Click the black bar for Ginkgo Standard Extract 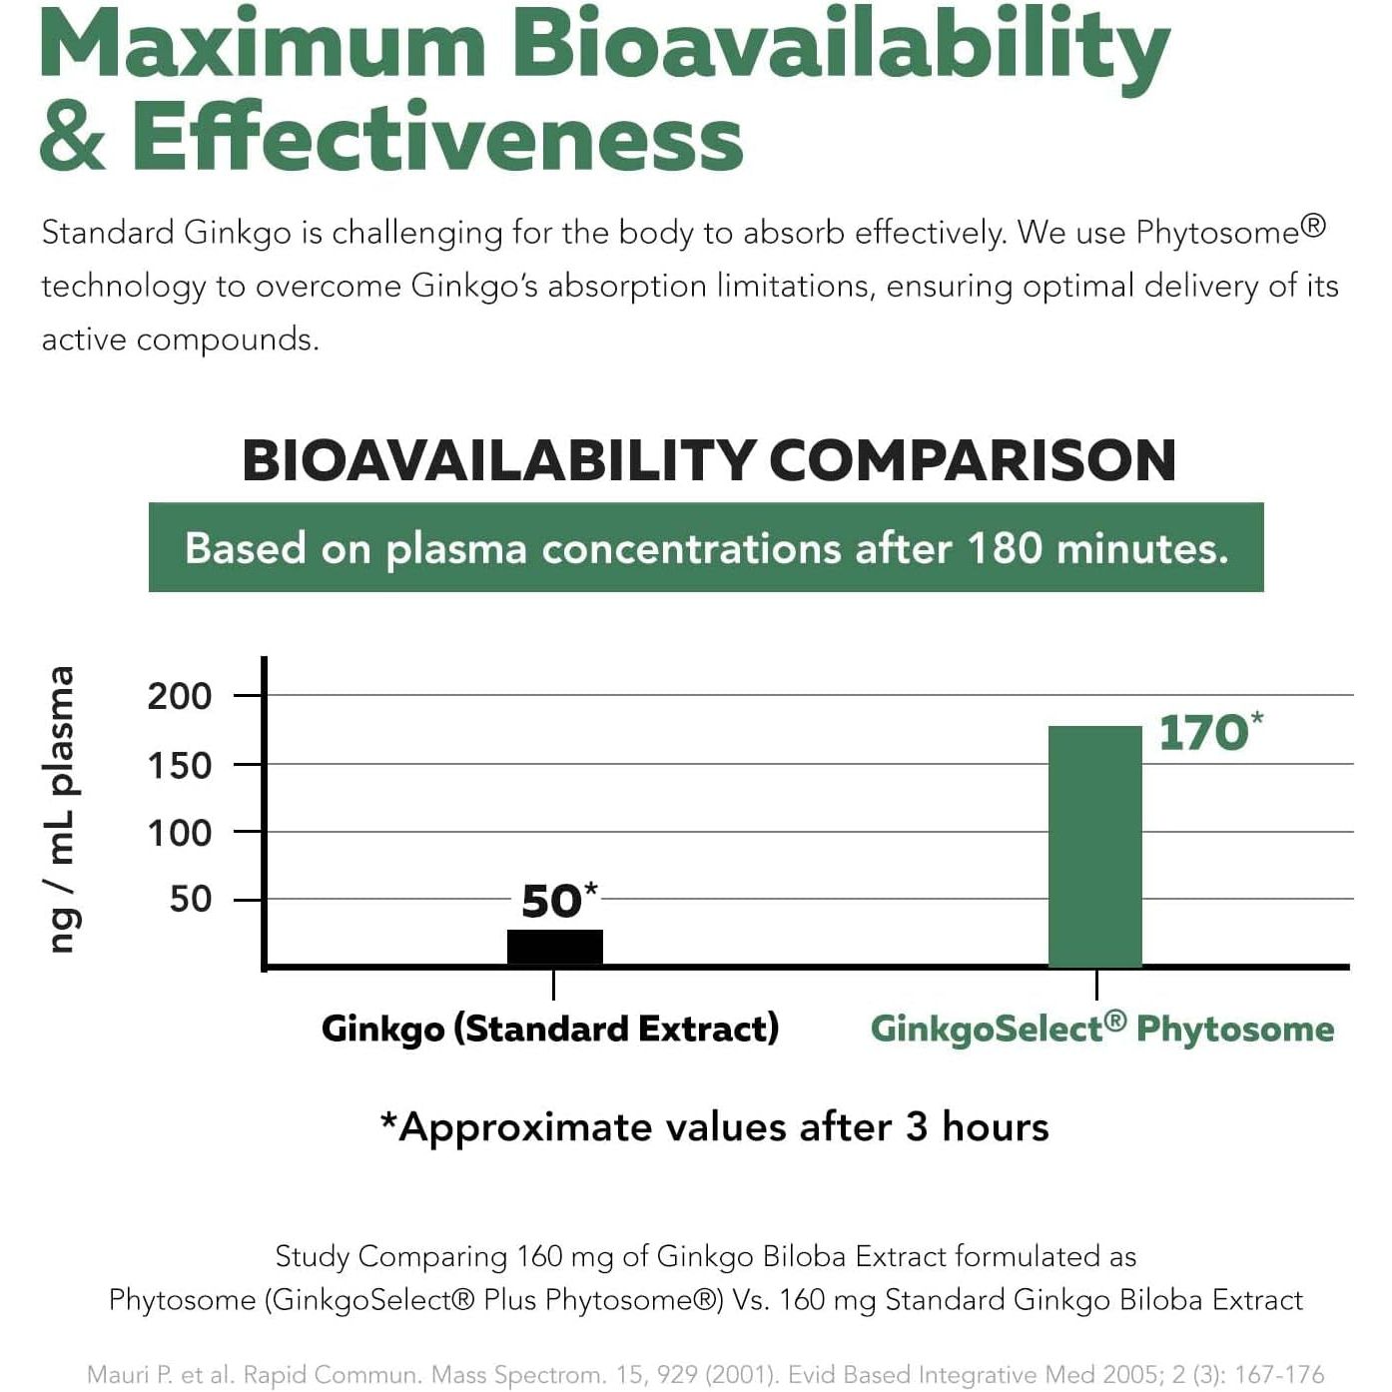pyautogui.click(x=554, y=947)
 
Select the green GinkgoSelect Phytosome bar pyautogui.click(x=1094, y=846)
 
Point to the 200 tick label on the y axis pyautogui.click(x=180, y=696)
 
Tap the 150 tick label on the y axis pyautogui.click(x=180, y=766)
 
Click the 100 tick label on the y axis pyautogui.click(x=180, y=833)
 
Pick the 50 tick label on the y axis pyautogui.click(x=191, y=900)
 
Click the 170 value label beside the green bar pyautogui.click(x=1203, y=733)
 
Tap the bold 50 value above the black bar pyautogui.click(x=551, y=902)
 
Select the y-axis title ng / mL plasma pyautogui.click(x=61, y=809)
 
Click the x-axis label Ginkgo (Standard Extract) pyautogui.click(x=549, y=1029)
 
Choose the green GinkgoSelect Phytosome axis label pyautogui.click(x=1101, y=1029)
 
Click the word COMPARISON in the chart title pyautogui.click(x=972, y=461)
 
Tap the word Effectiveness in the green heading pyautogui.click(x=437, y=137)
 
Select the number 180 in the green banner pyautogui.click(x=1005, y=548)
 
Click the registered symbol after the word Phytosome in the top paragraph pyautogui.click(x=1313, y=227)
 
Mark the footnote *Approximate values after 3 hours pyautogui.click(x=714, y=1127)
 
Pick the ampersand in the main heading pyautogui.click(x=73, y=139)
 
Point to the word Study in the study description pyautogui.click(x=311, y=1256)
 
